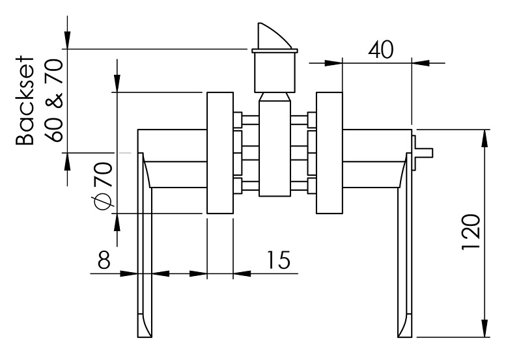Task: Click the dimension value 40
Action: [x=380, y=50]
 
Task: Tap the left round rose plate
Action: [x=219, y=153]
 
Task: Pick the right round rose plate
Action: [x=329, y=153]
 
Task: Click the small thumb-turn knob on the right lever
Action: [x=423, y=152]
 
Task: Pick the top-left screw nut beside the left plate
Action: [x=239, y=120]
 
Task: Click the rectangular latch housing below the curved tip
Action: [x=274, y=72]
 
